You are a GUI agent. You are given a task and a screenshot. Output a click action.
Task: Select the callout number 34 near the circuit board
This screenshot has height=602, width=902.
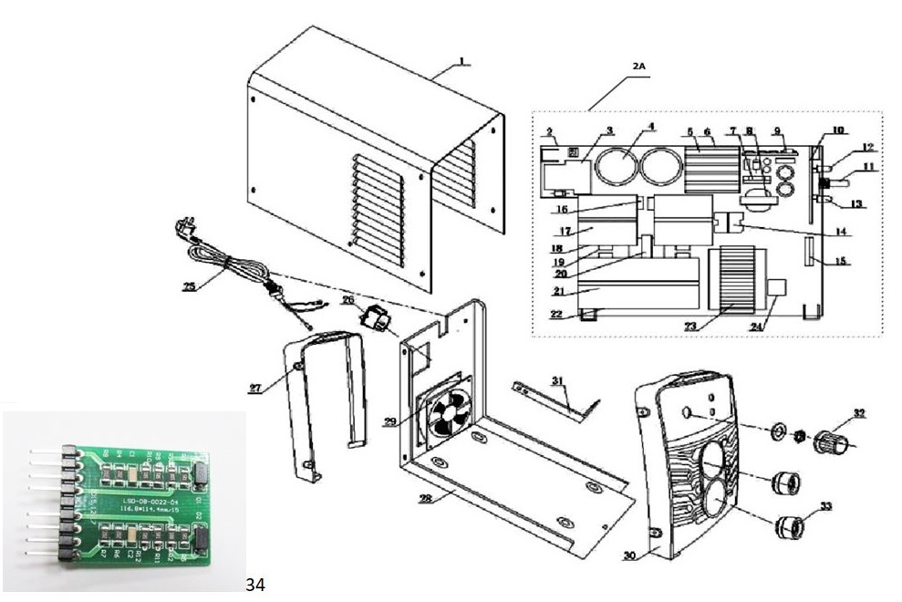[x=255, y=584]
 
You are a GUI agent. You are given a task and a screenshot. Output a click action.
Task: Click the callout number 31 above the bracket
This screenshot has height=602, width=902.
[x=558, y=379]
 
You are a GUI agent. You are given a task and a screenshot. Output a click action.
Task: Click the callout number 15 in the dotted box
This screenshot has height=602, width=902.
[x=839, y=261]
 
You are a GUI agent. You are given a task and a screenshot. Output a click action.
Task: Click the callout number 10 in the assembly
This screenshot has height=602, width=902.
[x=837, y=130]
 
